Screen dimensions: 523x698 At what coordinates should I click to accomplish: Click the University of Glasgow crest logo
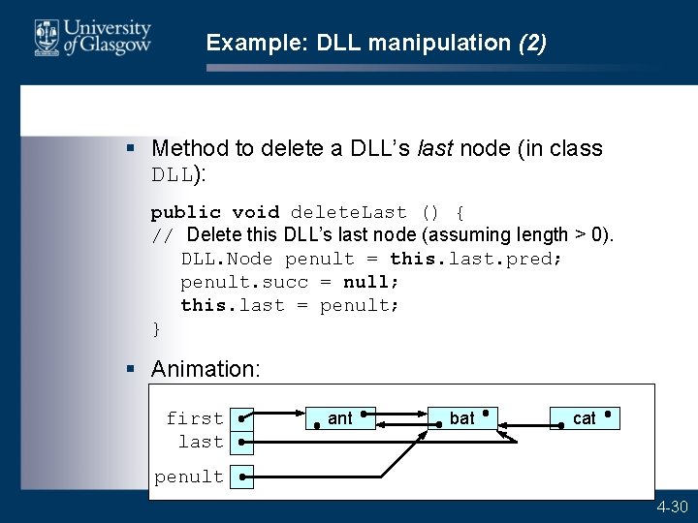point(45,38)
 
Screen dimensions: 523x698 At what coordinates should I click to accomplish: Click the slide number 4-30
point(673,508)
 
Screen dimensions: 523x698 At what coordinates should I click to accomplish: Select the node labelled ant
point(340,418)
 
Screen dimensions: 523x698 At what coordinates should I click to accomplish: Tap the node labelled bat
point(462,418)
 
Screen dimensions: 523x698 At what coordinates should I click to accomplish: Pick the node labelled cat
point(585,418)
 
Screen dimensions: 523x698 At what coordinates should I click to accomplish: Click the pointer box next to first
point(242,418)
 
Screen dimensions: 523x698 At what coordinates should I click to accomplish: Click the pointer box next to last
point(242,442)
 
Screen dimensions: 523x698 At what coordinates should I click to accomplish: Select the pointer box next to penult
point(242,477)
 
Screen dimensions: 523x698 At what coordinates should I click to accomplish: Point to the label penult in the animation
point(189,477)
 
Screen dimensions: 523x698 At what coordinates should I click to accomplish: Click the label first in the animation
point(194,418)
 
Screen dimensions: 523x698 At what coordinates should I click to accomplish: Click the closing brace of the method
point(156,328)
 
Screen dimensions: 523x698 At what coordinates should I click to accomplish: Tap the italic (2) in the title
point(532,43)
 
